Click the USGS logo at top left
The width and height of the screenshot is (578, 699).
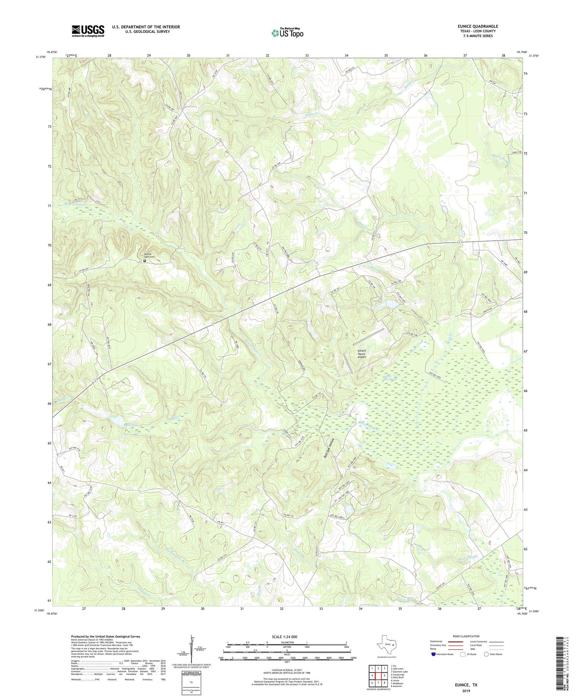click(x=88, y=31)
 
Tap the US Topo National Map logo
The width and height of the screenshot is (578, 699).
click(x=287, y=33)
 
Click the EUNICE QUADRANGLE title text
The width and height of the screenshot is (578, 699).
click(x=478, y=26)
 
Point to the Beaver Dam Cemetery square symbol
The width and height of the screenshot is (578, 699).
click(x=144, y=261)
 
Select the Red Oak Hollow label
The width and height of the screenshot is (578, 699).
click(x=329, y=448)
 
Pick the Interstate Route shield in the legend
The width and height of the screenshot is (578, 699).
click(x=434, y=655)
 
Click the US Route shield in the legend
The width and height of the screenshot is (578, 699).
click(x=463, y=655)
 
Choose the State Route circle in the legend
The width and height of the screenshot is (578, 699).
click(x=486, y=655)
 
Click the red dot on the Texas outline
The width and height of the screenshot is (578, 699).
click(x=393, y=645)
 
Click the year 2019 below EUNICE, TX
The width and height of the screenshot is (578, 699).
click(x=466, y=691)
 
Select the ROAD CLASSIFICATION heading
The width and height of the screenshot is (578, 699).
click(x=466, y=636)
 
